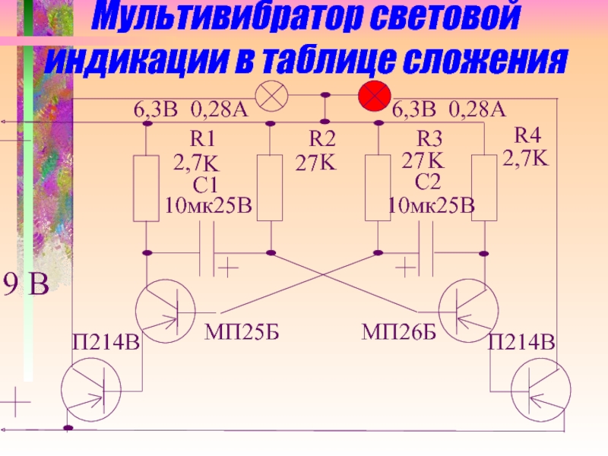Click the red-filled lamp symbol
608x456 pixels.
tap(374, 97)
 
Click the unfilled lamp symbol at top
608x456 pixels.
tap(269, 97)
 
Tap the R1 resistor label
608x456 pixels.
tap(203, 138)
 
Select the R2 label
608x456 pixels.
tap(322, 138)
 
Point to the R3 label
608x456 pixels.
tap(429, 139)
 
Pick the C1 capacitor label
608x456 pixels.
tap(205, 184)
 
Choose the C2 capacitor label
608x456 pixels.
tap(428, 182)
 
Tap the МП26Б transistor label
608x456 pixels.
tap(398, 331)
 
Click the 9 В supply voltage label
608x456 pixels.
tap(27, 285)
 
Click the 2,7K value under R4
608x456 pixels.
tap(525, 158)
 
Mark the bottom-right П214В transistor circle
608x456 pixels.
tap(540, 391)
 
